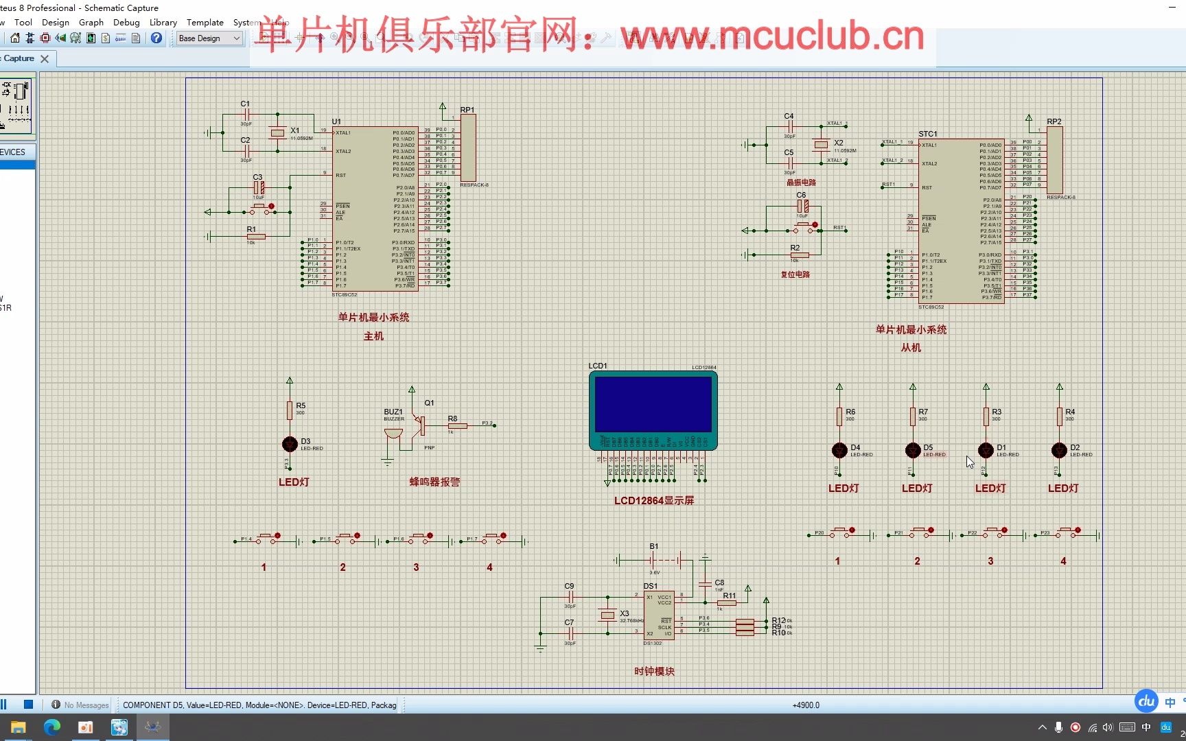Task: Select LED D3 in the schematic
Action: tap(290, 444)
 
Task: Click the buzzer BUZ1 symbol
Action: tap(393, 433)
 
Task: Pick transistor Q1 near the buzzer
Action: tap(420, 425)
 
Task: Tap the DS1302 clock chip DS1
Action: tap(659, 615)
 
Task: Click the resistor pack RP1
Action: tap(468, 148)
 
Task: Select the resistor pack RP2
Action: tap(1055, 160)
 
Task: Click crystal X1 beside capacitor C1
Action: tap(277, 132)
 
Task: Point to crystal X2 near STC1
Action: tap(821, 144)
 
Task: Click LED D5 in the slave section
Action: tap(912, 450)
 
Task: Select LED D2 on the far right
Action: tap(1059, 450)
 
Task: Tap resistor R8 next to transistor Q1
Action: tap(457, 426)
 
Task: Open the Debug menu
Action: tap(126, 22)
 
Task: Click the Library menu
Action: tap(163, 22)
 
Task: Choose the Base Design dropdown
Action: tap(209, 38)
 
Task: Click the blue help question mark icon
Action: tap(156, 38)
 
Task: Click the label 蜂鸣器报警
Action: tap(434, 482)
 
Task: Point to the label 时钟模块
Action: tap(654, 671)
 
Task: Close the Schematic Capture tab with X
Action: tap(45, 59)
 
